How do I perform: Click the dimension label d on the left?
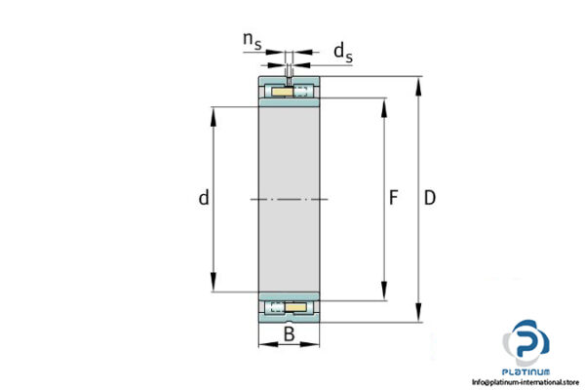tap(204, 198)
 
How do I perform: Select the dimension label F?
tap(394, 199)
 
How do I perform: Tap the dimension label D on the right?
tap(430, 198)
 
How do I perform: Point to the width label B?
tap(289, 335)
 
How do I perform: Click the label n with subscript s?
tap(252, 40)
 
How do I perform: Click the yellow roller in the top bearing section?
tap(279, 92)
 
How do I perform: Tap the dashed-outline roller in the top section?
tap(303, 92)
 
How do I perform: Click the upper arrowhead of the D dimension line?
tap(419, 83)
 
